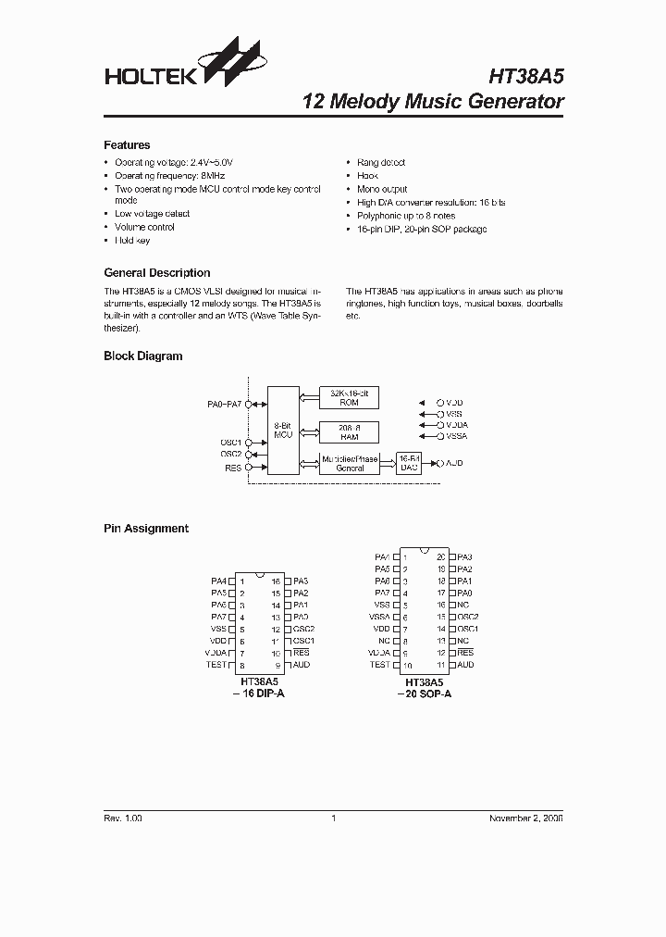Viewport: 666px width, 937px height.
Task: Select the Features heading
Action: click(127, 145)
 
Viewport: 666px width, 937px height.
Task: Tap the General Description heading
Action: click(156, 273)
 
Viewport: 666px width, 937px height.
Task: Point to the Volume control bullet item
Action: click(144, 227)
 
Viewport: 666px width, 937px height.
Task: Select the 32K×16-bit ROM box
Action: click(350, 397)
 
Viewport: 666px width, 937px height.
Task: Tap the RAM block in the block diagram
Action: click(350, 431)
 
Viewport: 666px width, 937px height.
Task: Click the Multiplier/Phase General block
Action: click(350, 463)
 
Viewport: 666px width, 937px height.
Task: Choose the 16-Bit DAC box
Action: click(409, 463)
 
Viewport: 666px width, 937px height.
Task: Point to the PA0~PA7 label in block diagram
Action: click(224, 405)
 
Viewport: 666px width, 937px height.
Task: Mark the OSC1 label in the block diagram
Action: click(230, 443)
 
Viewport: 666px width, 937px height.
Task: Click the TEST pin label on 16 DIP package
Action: click(216, 665)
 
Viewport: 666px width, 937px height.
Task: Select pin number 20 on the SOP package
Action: click(441, 556)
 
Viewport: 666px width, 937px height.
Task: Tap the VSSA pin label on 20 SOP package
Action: click(380, 617)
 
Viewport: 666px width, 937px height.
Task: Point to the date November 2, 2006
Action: click(525, 818)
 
